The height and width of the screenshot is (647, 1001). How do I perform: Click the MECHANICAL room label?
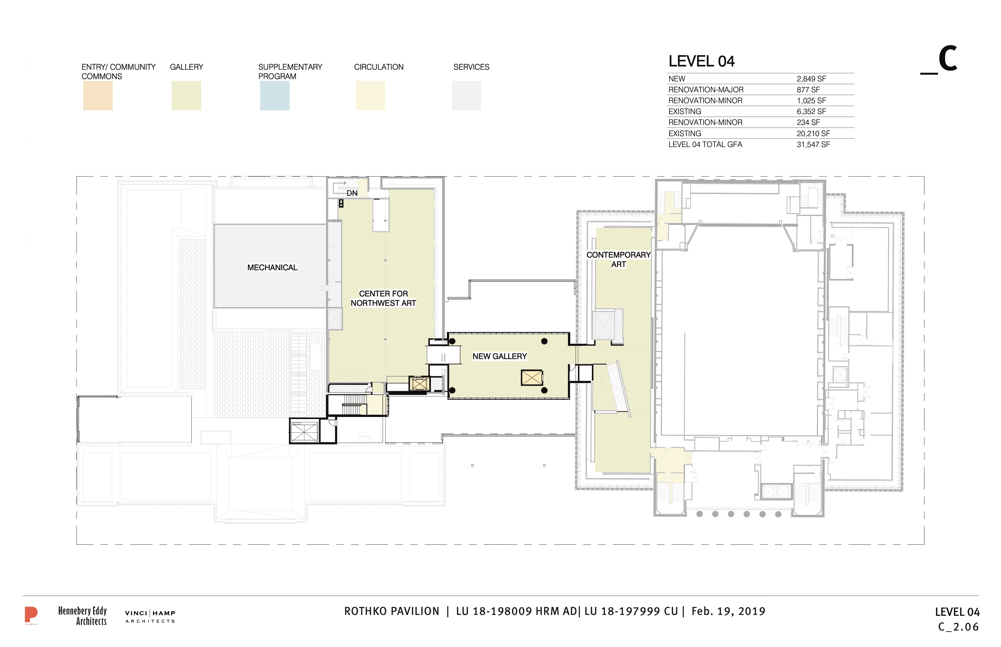(272, 268)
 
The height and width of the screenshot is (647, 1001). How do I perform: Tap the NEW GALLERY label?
(500, 356)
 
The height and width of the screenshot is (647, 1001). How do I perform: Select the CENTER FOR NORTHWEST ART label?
(383, 298)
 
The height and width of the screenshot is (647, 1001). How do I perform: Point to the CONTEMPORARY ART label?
(618, 259)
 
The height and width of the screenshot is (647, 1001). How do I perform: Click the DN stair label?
(352, 193)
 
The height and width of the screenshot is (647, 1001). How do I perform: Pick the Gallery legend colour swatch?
(186, 96)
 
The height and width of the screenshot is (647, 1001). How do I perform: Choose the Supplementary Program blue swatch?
(275, 96)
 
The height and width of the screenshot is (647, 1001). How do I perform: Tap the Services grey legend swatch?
(466, 96)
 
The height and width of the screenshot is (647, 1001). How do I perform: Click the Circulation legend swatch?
(371, 96)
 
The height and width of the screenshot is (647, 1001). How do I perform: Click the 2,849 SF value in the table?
(811, 79)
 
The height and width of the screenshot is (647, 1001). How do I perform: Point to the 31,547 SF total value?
(813, 144)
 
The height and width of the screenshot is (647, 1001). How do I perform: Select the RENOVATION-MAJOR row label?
(706, 90)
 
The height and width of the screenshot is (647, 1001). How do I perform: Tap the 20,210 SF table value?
(813, 134)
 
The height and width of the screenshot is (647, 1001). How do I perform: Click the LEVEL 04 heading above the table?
(702, 61)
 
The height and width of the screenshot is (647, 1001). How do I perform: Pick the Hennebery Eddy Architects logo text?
(82, 616)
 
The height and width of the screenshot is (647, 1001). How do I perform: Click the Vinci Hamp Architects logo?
(150, 617)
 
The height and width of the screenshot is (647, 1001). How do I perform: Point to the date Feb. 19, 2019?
(728, 611)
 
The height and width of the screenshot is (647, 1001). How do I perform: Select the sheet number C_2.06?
(959, 627)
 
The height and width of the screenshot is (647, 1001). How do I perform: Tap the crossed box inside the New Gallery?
(532, 378)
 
